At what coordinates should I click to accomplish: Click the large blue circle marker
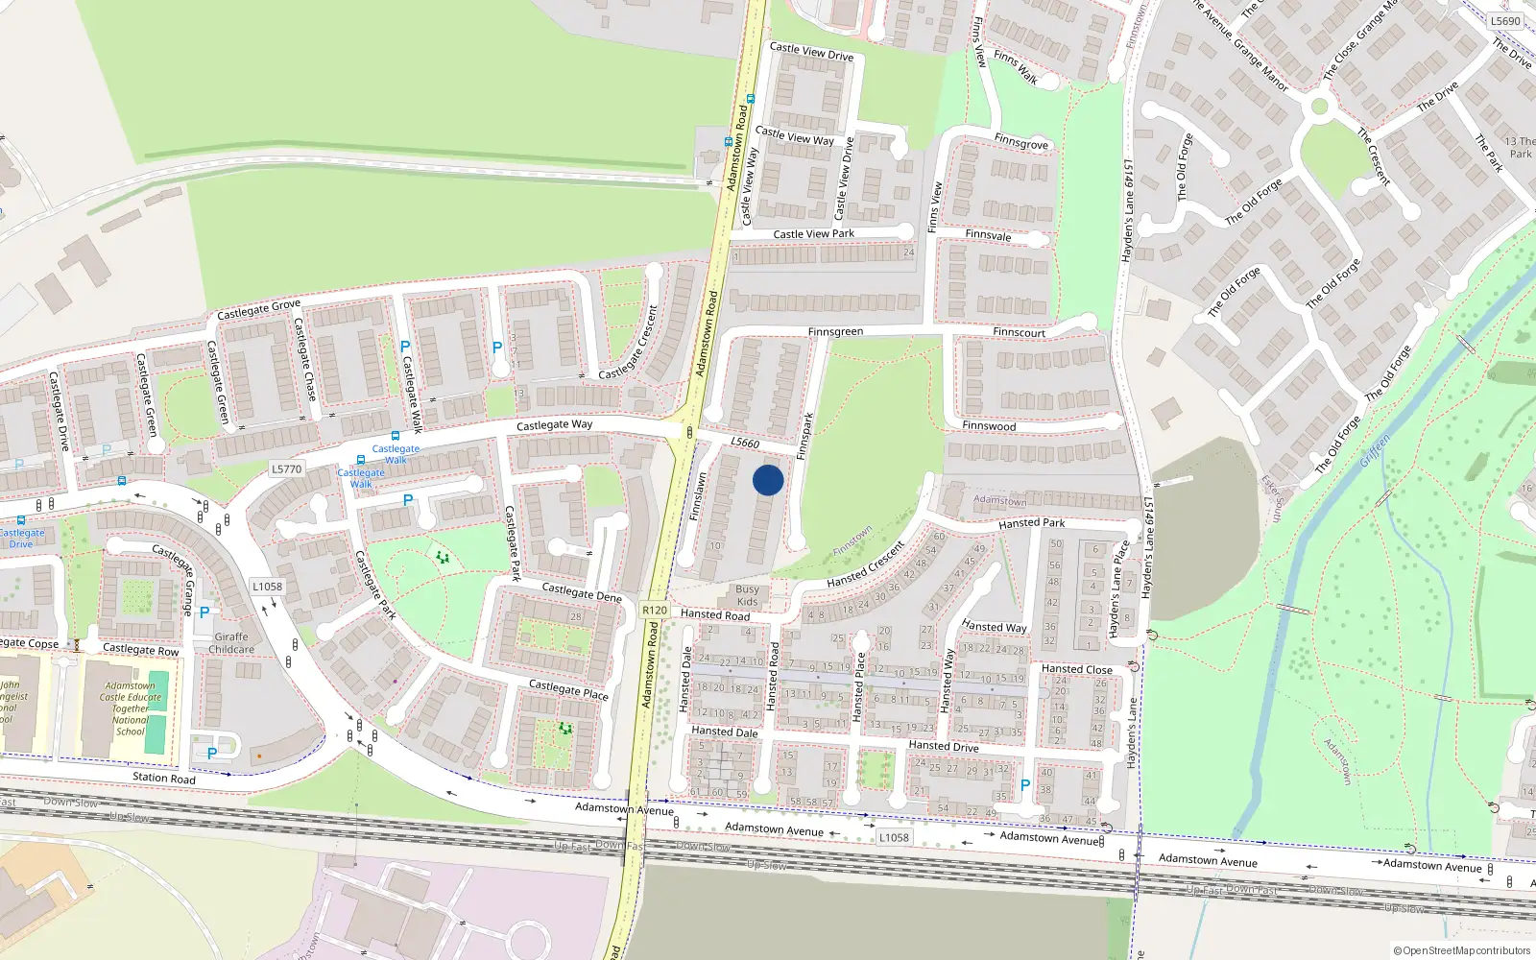point(768,480)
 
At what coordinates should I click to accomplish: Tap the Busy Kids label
point(747,595)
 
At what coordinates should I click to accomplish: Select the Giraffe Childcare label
point(231,643)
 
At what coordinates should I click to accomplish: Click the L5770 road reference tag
point(286,469)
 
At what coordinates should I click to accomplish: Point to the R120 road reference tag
point(655,611)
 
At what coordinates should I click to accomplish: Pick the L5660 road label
point(745,443)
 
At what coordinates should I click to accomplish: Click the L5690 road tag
point(1505,21)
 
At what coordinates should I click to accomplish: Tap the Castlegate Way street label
point(554,425)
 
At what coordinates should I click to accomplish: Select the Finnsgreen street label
point(835,332)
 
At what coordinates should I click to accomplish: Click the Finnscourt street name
point(1019,333)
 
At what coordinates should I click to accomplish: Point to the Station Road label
point(163,778)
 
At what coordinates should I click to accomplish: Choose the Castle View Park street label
point(813,234)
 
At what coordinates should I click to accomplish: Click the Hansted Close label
point(1076,669)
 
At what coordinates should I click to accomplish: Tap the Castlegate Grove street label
point(258,309)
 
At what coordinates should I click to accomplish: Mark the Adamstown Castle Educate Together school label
point(131,708)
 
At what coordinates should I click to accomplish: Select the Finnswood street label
point(989,426)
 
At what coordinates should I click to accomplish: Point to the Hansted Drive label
point(943,746)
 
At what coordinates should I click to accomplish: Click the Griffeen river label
point(1375,452)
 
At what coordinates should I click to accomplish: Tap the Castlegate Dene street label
point(582,592)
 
